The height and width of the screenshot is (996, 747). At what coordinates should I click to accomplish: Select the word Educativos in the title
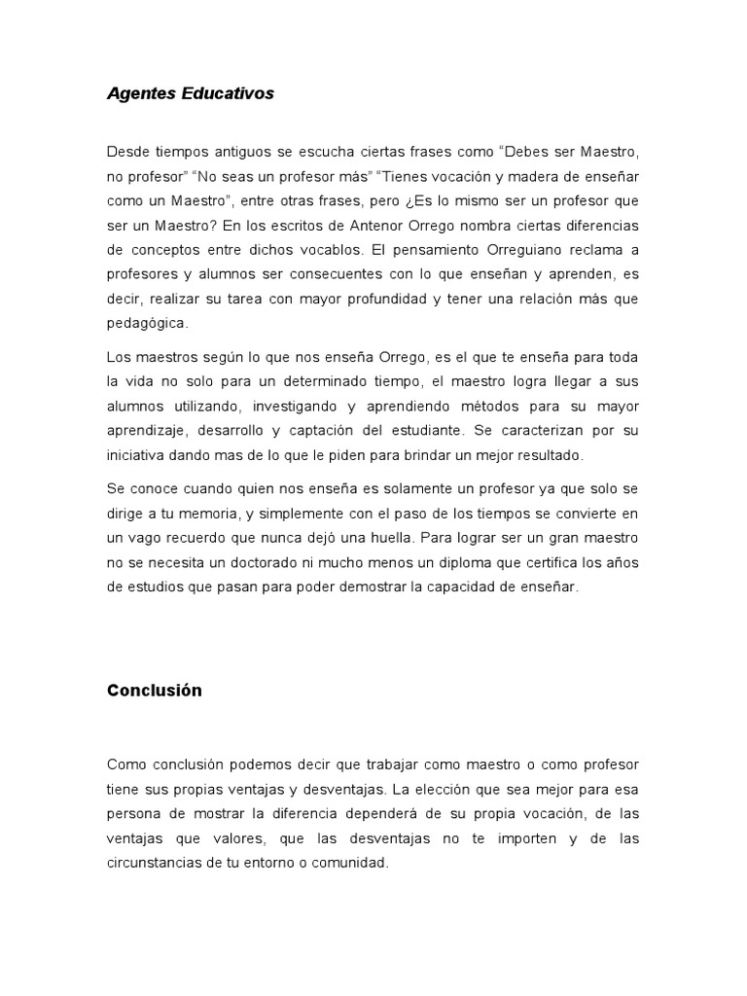pos(228,93)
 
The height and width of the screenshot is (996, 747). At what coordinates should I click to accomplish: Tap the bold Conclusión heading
pos(155,691)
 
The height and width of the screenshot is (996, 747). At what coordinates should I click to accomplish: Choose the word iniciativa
pos(136,454)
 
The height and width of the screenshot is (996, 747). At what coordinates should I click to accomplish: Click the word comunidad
pos(352,862)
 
